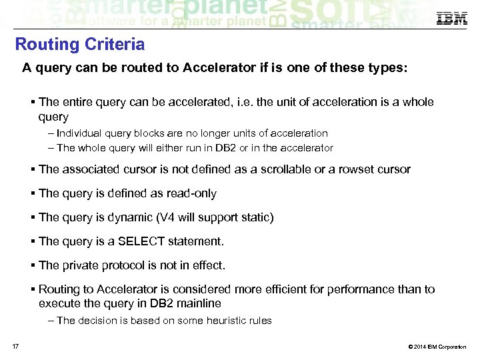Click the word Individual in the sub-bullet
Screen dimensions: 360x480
[x=82, y=133]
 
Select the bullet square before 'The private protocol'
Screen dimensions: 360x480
[x=33, y=265]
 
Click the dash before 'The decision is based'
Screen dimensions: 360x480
[x=51, y=321]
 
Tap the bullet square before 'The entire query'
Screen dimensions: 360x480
[x=33, y=103]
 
